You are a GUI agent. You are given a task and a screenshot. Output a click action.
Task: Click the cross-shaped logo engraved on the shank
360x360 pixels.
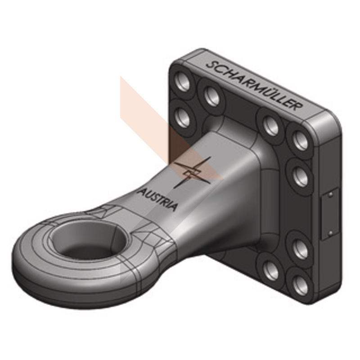tap(193, 173)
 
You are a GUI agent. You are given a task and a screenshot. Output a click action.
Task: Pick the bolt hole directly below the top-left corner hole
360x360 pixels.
tap(183, 117)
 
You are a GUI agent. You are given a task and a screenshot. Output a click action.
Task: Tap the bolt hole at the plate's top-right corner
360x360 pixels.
tap(300, 141)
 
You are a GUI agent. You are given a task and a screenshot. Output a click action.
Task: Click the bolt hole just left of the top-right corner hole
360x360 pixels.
tap(270, 125)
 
